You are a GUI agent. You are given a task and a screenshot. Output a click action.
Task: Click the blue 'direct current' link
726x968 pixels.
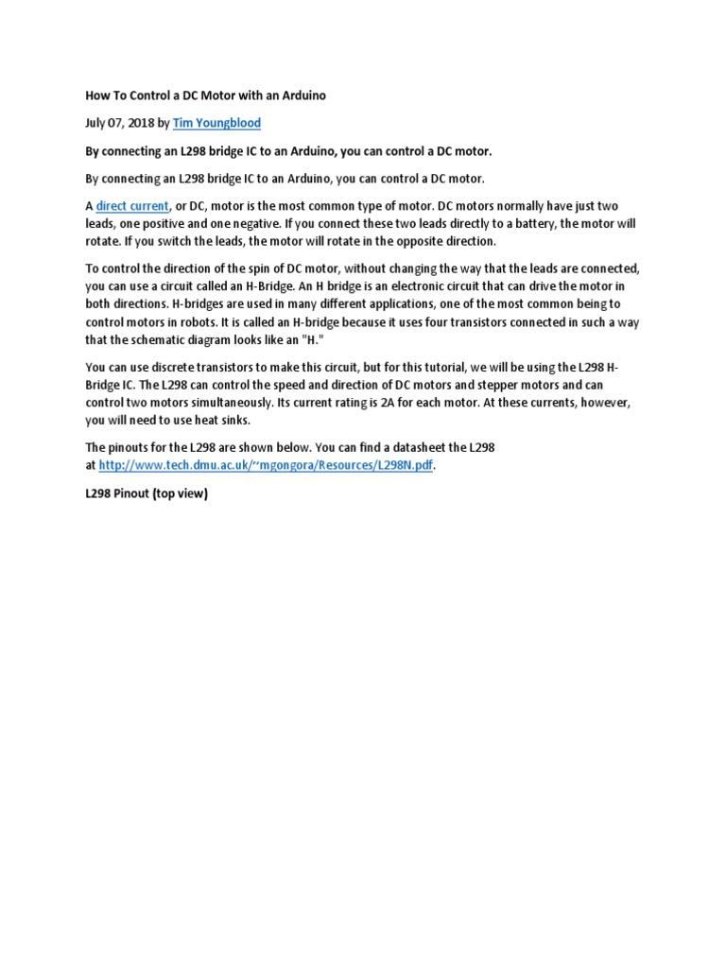tap(132, 206)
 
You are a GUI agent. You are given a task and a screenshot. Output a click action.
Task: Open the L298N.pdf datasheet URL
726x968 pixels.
tap(268, 466)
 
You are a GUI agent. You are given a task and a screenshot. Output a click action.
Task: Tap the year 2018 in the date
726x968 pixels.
tap(136, 123)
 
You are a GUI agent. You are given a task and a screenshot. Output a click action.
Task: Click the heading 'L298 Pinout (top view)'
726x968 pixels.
tap(146, 493)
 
